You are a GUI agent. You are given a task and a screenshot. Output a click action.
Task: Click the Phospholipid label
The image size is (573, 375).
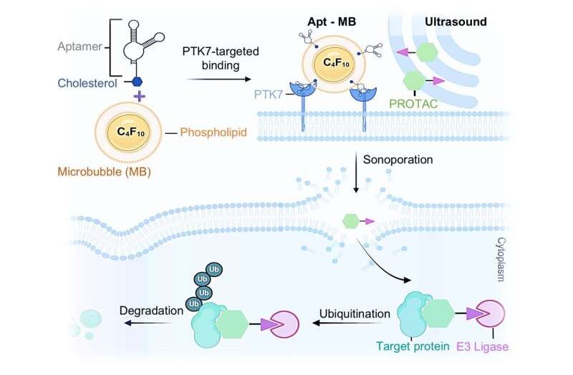[x=210, y=132]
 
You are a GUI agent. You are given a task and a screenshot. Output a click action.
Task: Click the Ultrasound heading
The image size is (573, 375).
[x=456, y=21]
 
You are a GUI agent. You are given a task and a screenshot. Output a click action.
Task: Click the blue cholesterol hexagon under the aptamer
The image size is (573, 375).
[x=138, y=81]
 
